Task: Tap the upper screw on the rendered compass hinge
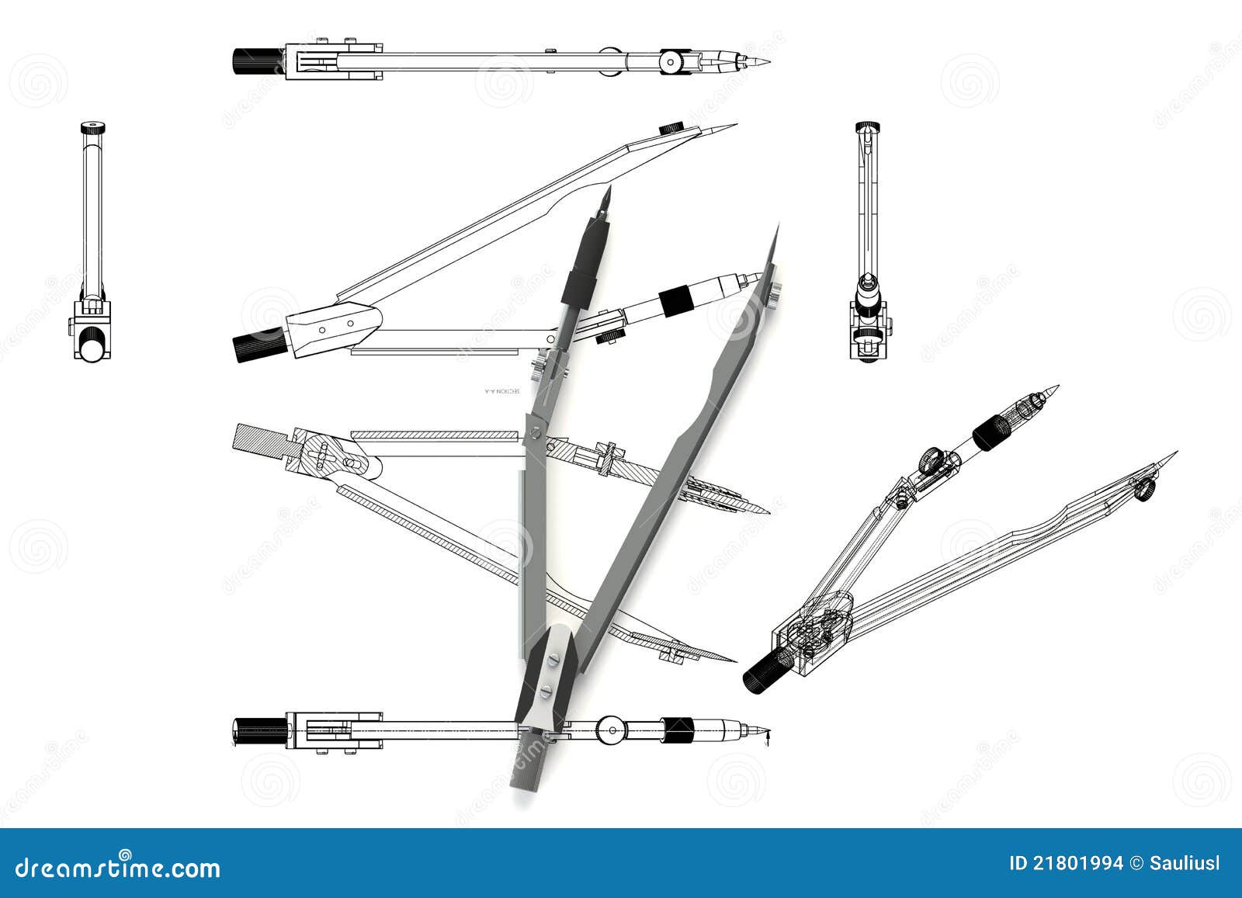(552, 657)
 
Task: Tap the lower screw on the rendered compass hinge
(546, 690)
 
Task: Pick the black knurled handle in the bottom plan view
(259, 730)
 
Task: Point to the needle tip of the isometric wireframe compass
(1174, 454)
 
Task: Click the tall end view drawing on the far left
(92, 241)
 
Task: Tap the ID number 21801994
(1065, 864)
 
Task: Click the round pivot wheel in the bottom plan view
(612, 730)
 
